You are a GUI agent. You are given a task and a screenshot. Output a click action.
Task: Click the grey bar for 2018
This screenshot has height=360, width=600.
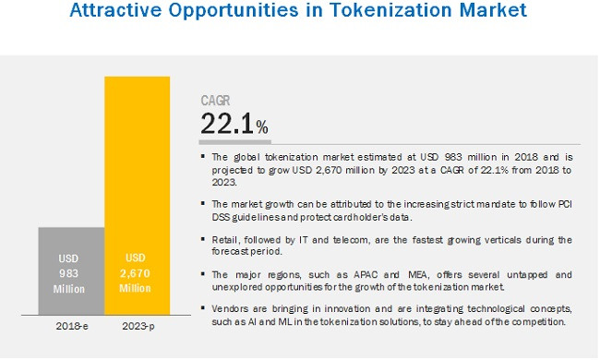pyautogui.click(x=71, y=271)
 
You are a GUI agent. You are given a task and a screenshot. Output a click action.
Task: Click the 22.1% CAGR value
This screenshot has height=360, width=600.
pyautogui.click(x=234, y=124)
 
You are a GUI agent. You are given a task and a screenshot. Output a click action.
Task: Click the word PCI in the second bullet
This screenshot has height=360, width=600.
pyautogui.click(x=561, y=204)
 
